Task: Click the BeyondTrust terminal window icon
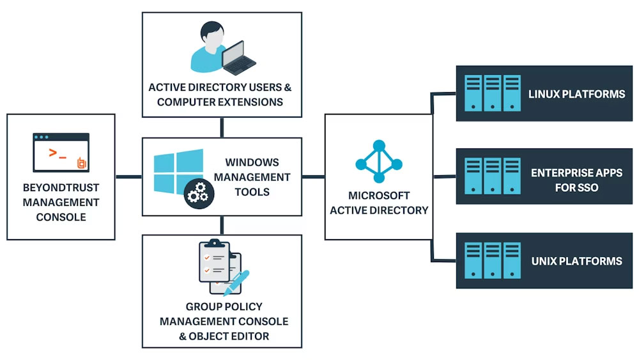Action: pos(61,153)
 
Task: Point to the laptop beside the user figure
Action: pos(238,57)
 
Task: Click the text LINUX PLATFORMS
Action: pos(576,94)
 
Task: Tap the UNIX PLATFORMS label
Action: pos(576,261)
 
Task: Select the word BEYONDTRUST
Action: pos(61,189)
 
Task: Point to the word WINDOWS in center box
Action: pos(252,162)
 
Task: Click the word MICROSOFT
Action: pos(379,196)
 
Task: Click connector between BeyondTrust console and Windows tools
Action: pos(128,176)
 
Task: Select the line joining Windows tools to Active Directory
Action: pos(313,176)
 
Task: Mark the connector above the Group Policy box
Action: pos(222,224)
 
